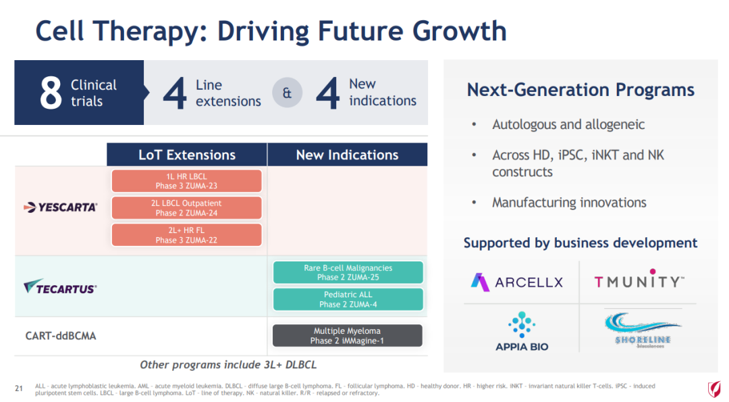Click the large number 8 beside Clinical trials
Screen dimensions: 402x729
click(51, 93)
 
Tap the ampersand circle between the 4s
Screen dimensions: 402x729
click(287, 93)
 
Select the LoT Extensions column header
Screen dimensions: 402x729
click(187, 155)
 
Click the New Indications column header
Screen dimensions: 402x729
click(348, 155)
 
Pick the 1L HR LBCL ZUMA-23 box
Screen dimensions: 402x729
click(186, 181)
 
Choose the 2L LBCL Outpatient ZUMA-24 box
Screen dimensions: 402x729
click(186, 208)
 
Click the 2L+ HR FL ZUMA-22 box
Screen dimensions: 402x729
click(186, 235)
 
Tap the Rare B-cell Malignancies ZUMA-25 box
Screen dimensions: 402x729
click(348, 272)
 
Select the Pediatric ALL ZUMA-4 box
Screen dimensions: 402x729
click(348, 299)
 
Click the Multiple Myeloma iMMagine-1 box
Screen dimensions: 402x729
click(348, 336)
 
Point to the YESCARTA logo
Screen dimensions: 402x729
click(61, 207)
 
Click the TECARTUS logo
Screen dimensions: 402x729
click(61, 287)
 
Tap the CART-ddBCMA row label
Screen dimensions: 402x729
click(61, 336)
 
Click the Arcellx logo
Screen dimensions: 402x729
click(517, 282)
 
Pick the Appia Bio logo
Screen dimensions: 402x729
click(522, 332)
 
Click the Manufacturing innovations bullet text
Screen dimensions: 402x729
click(569, 203)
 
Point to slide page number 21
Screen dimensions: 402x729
click(19, 388)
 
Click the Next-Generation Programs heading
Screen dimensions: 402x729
click(580, 90)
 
